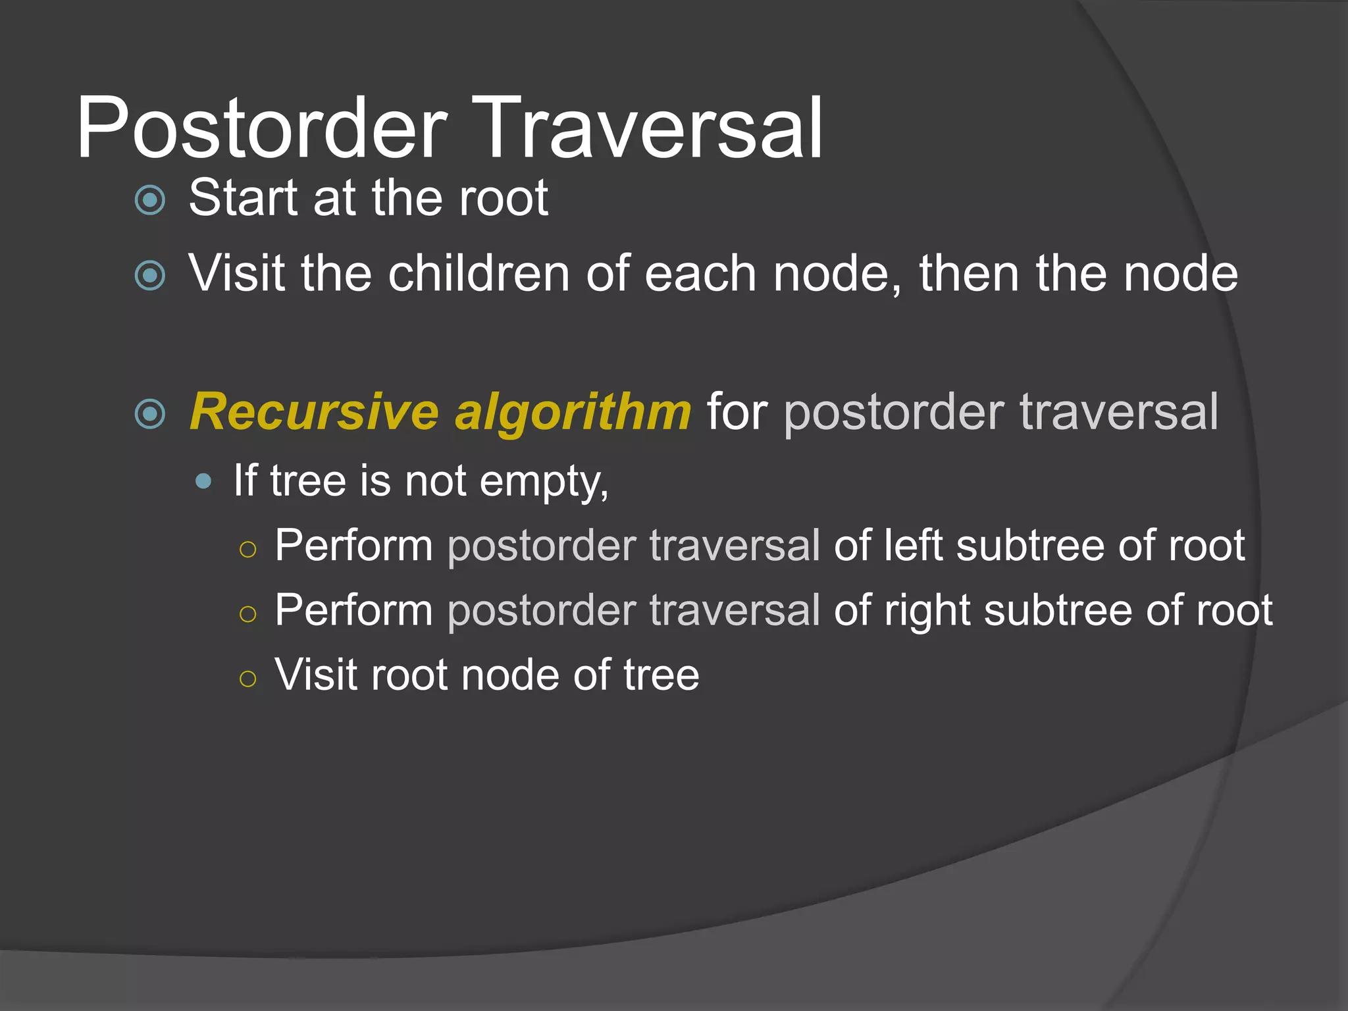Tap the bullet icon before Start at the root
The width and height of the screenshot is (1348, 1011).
pyautogui.click(x=150, y=199)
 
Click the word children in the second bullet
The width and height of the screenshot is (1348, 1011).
pyautogui.click(x=479, y=273)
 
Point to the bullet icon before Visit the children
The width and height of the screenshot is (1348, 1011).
pyautogui.click(x=150, y=275)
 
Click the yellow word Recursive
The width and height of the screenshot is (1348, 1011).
pyautogui.click(x=314, y=412)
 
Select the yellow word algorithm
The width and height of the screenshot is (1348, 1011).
pyautogui.click(x=573, y=412)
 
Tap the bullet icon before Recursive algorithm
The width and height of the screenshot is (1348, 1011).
pyautogui.click(x=150, y=414)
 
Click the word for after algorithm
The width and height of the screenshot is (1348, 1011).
pyautogui.click(x=737, y=412)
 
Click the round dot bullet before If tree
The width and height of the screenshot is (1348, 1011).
pyautogui.click(x=204, y=481)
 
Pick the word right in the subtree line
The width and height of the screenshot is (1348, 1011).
pyautogui.click(x=927, y=610)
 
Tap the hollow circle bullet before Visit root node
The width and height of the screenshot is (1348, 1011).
pyautogui.click(x=247, y=679)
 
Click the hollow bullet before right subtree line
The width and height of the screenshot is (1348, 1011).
pyautogui.click(x=247, y=614)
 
